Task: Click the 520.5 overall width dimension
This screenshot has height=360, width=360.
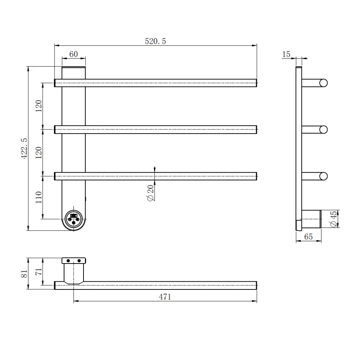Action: pos(155,41)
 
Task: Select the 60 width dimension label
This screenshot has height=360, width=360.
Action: pos(73,54)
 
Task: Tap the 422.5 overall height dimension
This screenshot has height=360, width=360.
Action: pos(24,148)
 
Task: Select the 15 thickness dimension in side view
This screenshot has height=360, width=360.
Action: pos(286,54)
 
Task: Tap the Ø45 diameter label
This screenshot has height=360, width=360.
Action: pos(333,219)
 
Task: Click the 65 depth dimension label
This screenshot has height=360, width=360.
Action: pos(308,237)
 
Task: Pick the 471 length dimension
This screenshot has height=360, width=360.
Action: pos(165,297)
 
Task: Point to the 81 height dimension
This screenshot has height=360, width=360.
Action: pos(24,274)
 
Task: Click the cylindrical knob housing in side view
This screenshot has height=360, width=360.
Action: pos(311,219)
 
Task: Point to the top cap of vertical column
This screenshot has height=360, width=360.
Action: pos(73,68)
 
